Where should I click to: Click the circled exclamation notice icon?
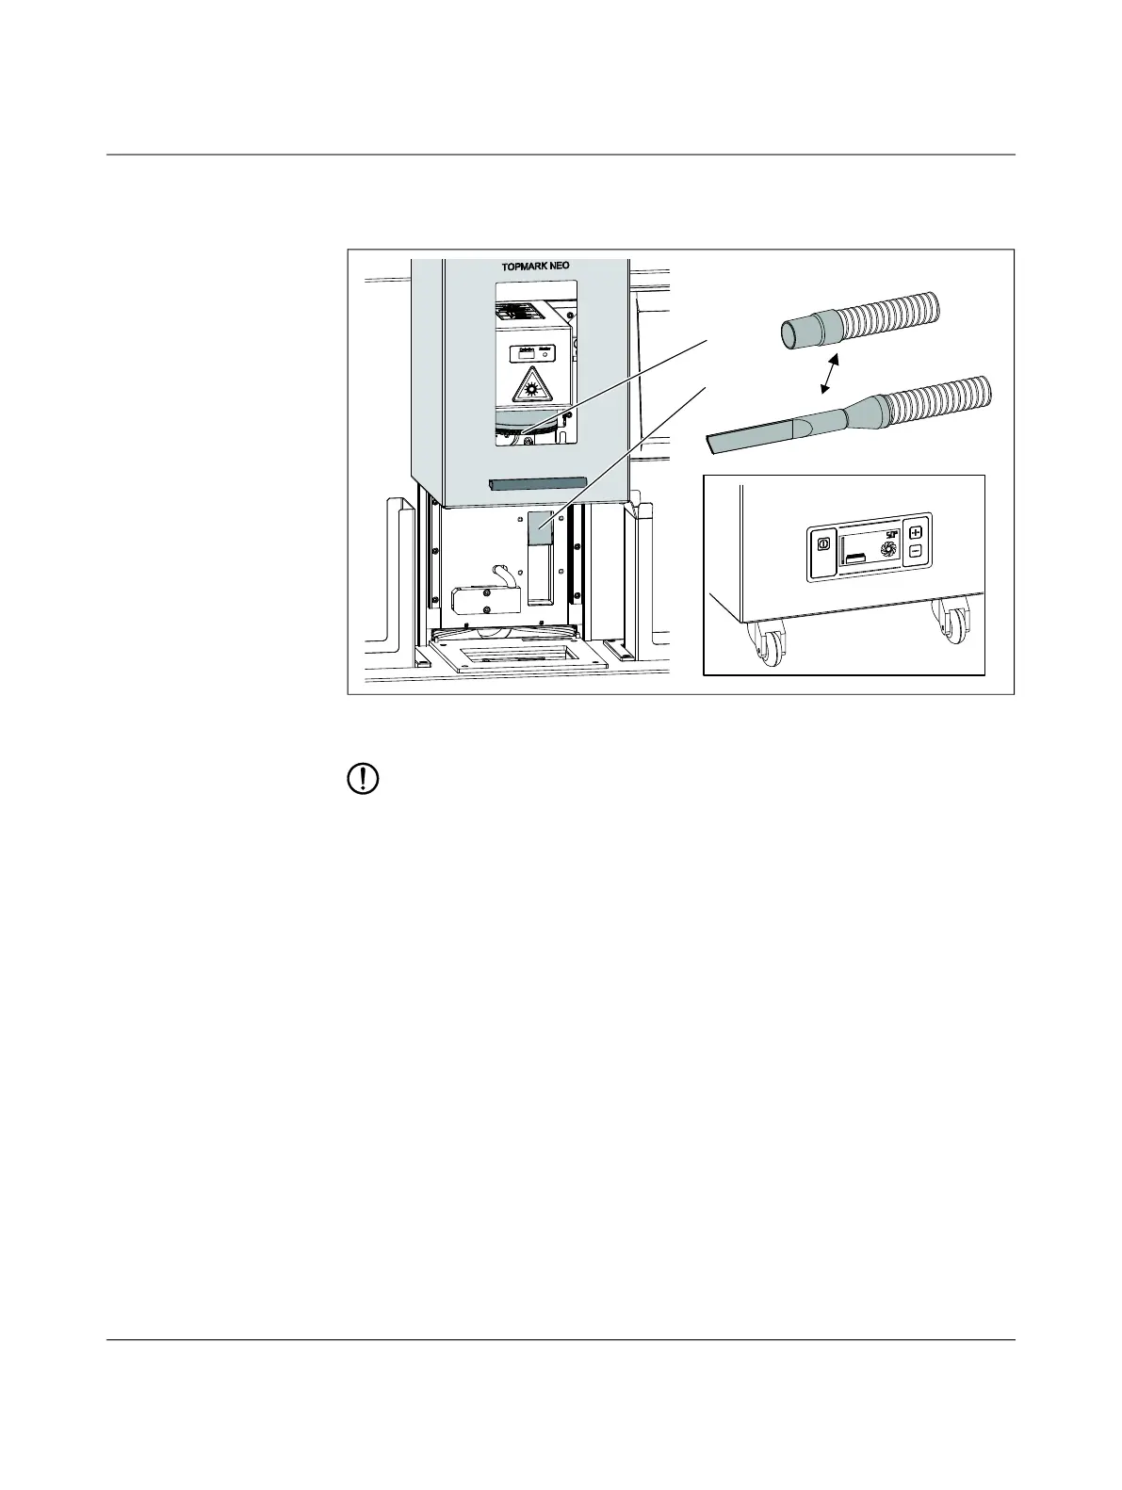(365, 780)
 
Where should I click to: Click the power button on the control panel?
(821, 544)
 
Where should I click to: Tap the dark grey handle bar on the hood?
(537, 483)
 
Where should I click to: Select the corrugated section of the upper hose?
(895, 316)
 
